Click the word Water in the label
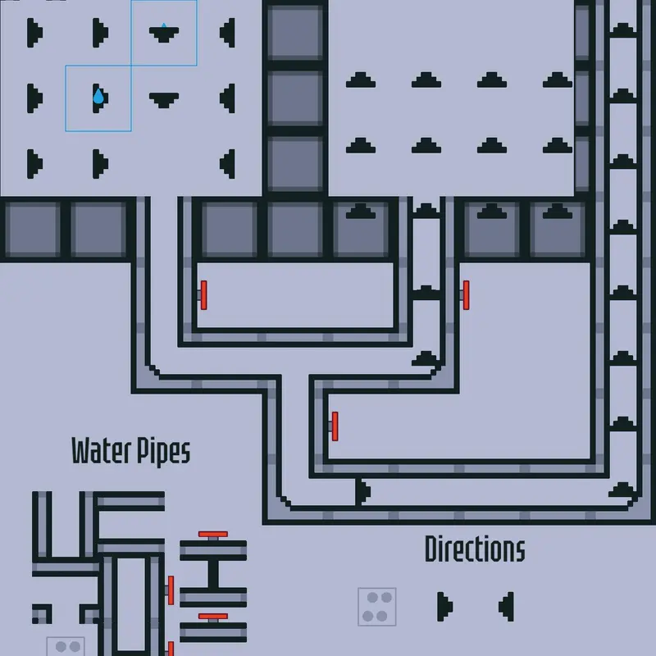tap(102, 450)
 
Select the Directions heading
tap(475, 549)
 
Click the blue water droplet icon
tap(98, 96)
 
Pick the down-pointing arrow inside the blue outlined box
tap(164, 34)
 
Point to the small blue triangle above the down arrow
tap(164, 25)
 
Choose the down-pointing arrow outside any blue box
tap(164, 100)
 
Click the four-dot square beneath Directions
tap(377, 607)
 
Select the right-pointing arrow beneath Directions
tap(444, 607)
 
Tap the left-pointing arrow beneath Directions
tap(506, 607)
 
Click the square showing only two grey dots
tap(66, 646)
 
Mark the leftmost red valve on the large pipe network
tap(203, 295)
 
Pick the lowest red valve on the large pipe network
tap(335, 426)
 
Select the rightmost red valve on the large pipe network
tap(466, 295)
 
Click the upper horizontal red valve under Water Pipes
tap(213, 535)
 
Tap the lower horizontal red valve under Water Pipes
tap(213, 617)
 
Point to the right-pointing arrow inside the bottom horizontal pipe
tap(362, 491)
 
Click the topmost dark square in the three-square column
tap(295, 33)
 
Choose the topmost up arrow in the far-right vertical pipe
tap(623, 30)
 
